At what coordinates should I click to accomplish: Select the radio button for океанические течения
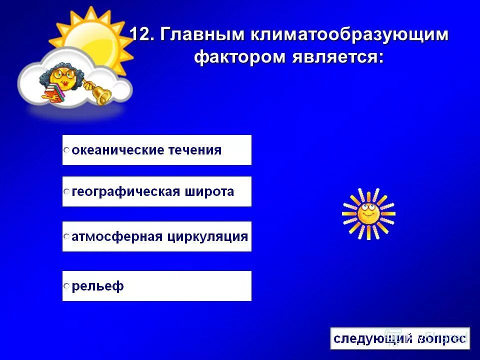pyautogui.click(x=66, y=150)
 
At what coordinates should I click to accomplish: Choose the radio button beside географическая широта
pyautogui.click(x=66, y=192)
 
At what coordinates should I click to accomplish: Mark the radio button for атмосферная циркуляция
pyautogui.click(x=66, y=237)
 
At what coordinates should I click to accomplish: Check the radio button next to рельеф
pyautogui.click(x=66, y=286)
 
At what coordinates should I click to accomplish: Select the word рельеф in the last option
pyautogui.click(x=98, y=286)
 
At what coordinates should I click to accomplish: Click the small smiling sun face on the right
pyautogui.click(x=368, y=213)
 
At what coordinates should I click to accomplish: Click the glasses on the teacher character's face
pyautogui.click(x=62, y=75)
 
